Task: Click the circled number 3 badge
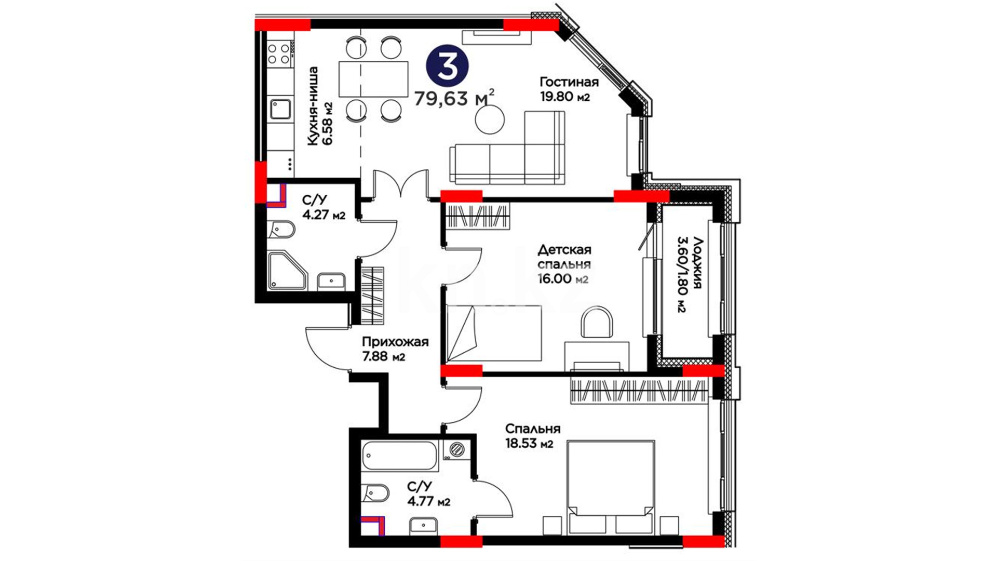[x=447, y=67]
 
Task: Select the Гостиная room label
[x=569, y=82]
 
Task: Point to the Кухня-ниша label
[x=313, y=106]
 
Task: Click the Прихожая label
[x=395, y=342]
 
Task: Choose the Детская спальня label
[x=564, y=257]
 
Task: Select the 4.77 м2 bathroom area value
[x=428, y=502]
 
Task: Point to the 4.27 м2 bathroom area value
[x=324, y=215]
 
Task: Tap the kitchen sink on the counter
[x=280, y=110]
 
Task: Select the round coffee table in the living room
[x=490, y=120]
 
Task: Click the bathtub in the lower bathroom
[x=400, y=456]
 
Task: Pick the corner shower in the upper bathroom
[x=287, y=271]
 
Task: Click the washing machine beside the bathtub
[x=457, y=449]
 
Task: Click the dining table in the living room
[x=373, y=79]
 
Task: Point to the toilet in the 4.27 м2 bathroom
[x=281, y=229]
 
